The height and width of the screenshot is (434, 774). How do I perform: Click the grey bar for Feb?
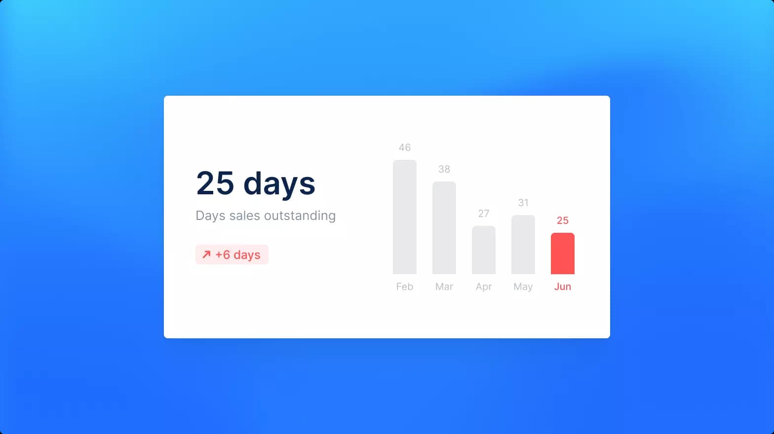[x=405, y=217]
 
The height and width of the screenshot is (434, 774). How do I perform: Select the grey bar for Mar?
[x=444, y=228]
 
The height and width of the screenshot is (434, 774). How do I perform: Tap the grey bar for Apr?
[x=484, y=250]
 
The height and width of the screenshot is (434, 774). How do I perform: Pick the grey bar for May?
[x=523, y=245]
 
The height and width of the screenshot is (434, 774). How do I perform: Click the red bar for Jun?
[x=563, y=253]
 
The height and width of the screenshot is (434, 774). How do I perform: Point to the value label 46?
[x=405, y=147]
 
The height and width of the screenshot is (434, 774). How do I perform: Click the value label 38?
[x=444, y=169]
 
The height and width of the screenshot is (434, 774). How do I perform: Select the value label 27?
[x=484, y=214]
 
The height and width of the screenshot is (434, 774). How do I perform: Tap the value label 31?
[x=523, y=203]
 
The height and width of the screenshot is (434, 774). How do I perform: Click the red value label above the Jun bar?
[x=563, y=220]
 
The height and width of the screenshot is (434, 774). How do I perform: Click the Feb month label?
[x=405, y=287]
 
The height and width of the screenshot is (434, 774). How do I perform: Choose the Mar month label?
[x=444, y=287]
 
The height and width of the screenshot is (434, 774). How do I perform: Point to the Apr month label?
[x=484, y=287]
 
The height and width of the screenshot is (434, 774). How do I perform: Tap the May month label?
[x=523, y=287]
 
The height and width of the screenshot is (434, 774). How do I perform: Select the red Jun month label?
[x=563, y=287]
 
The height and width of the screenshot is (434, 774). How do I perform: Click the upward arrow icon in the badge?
[x=206, y=254]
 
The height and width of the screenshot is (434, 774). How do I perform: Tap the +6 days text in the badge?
[x=238, y=255]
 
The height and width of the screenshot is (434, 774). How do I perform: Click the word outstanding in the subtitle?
[x=300, y=216]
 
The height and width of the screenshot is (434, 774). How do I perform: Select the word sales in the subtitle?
[x=245, y=216]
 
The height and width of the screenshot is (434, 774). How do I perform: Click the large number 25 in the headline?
[x=215, y=183]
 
